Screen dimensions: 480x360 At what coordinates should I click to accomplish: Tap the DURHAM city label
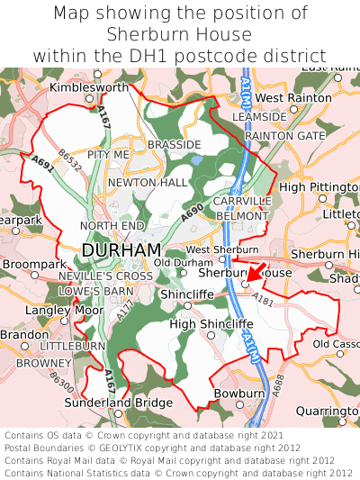[x=121, y=249]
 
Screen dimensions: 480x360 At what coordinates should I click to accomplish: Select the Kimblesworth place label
[x=89, y=87]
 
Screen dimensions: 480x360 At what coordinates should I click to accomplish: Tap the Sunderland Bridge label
[x=130, y=402]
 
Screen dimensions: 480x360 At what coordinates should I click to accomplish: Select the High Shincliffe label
[x=207, y=323]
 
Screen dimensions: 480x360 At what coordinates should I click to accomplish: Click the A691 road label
[x=43, y=163]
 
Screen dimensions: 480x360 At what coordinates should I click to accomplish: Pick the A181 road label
[x=263, y=298]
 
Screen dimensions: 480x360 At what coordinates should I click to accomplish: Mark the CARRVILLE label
[x=242, y=201]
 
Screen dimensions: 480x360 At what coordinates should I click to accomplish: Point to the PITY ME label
[x=109, y=155]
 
